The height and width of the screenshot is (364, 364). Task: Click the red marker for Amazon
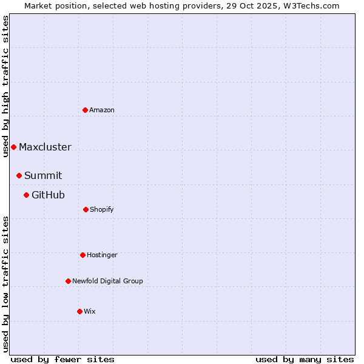tap(85, 110)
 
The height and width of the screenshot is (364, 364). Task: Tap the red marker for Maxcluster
tap(13, 147)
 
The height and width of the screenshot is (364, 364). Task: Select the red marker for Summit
tap(19, 175)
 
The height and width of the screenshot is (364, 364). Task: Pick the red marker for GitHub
tap(26, 195)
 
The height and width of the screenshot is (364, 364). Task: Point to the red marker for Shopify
tap(86, 209)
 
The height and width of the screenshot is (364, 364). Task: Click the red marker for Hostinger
tap(83, 255)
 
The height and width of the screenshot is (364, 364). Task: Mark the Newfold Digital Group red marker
tap(68, 281)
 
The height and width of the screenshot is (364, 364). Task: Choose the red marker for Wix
tap(79, 311)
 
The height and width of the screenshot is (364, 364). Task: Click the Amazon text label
tap(102, 110)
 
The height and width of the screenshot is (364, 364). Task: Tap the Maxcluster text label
tap(45, 147)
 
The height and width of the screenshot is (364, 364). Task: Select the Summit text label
tap(43, 175)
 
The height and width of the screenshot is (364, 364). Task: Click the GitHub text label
tap(48, 195)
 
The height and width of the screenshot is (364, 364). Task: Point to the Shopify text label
tap(102, 209)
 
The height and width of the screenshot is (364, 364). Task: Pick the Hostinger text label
tap(102, 255)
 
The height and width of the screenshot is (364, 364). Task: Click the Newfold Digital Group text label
tap(107, 281)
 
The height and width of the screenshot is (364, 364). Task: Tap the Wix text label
tap(90, 311)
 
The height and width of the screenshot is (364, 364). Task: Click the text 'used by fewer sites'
tap(62, 359)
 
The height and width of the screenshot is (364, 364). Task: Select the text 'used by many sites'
tap(305, 359)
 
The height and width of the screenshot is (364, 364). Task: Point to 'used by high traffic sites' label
tap(5, 86)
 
